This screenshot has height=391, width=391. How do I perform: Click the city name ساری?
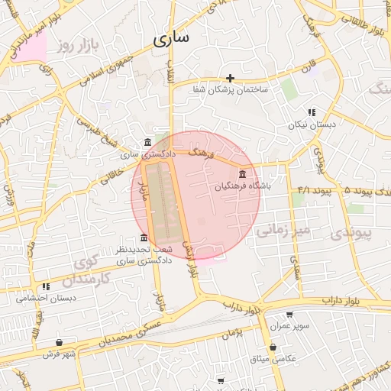(172, 39)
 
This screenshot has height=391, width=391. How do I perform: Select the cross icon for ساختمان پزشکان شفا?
(230, 78)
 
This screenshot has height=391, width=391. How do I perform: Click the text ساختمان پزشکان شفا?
(230, 90)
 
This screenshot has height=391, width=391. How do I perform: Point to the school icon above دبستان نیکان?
(312, 112)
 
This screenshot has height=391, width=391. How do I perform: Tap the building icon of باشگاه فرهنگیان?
(243, 173)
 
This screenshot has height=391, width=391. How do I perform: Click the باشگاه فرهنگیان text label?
(243, 186)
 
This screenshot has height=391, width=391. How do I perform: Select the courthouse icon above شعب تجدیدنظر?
(144, 238)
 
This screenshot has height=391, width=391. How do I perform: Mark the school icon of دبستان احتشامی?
(47, 286)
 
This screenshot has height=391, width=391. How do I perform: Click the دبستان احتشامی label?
(46, 299)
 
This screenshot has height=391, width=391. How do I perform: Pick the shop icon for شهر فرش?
(60, 343)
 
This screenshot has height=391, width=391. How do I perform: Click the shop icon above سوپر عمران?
(289, 314)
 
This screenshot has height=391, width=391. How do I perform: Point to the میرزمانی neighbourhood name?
(283, 229)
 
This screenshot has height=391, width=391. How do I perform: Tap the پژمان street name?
(234, 331)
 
